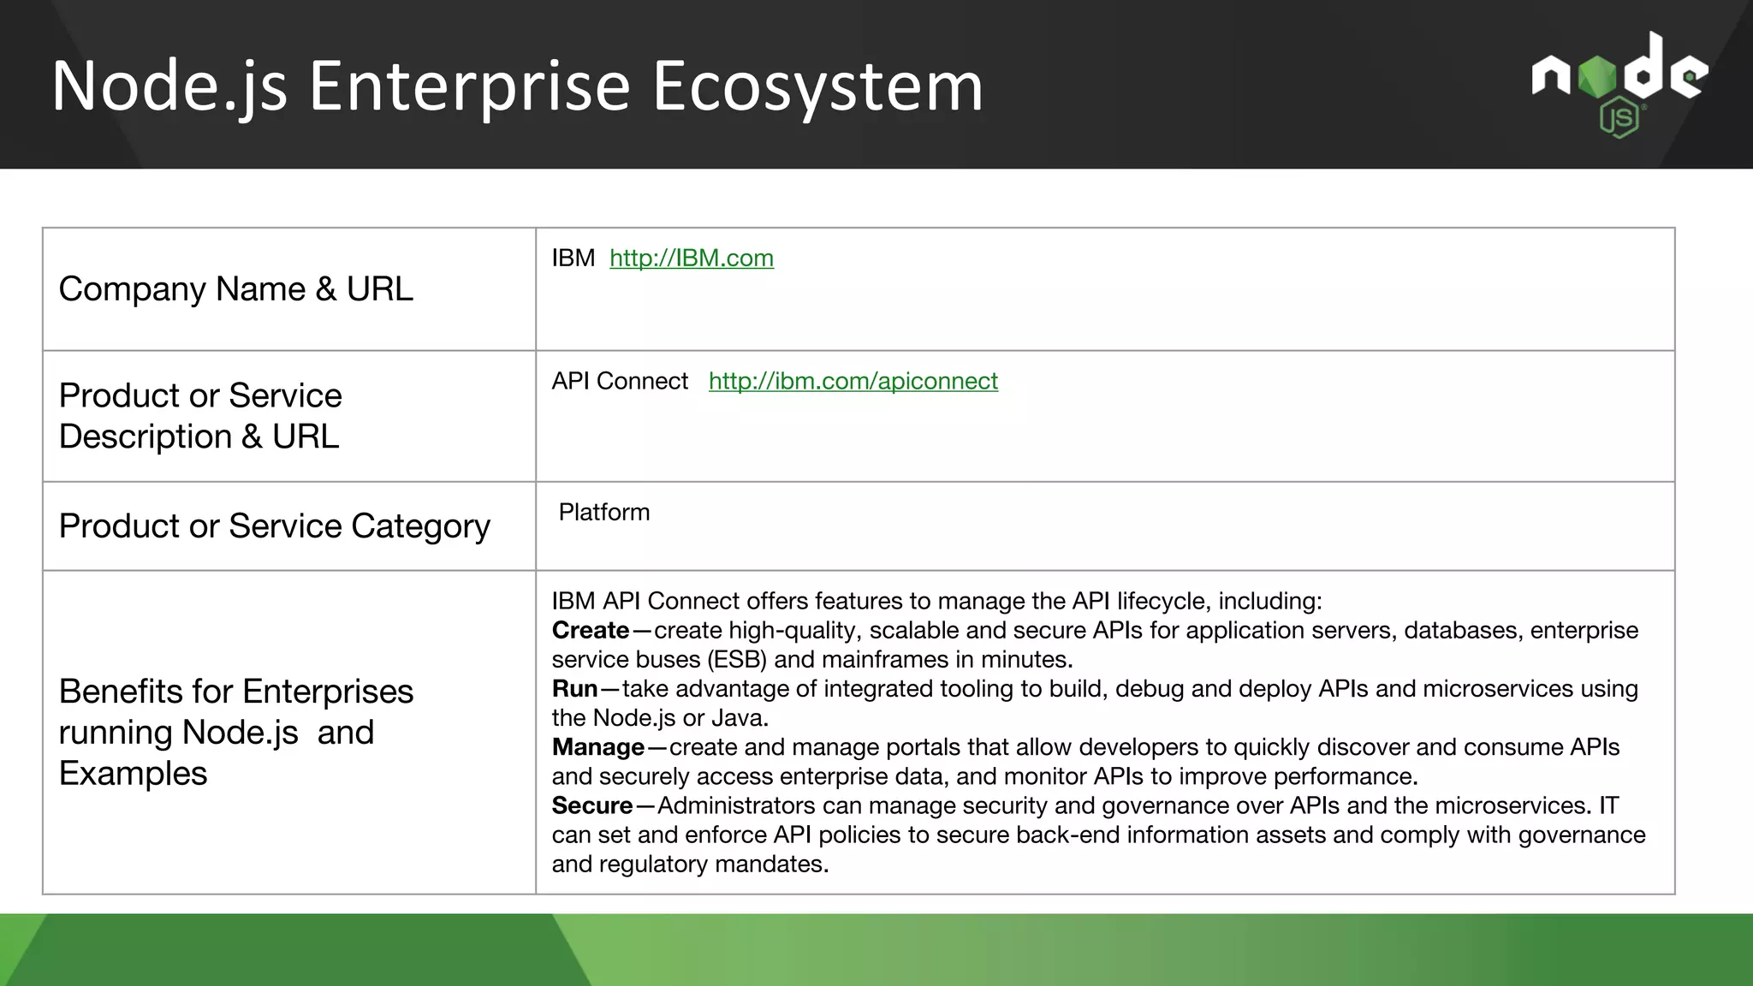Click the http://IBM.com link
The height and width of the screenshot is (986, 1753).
(x=691, y=258)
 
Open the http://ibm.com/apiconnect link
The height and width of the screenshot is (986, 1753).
(x=853, y=381)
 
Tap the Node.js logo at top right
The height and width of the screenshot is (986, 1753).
(x=1619, y=85)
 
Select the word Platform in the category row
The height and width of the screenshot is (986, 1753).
(x=603, y=512)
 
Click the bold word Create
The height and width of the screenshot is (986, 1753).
(x=590, y=630)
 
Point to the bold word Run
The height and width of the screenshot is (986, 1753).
(x=574, y=688)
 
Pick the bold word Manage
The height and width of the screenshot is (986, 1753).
(x=597, y=747)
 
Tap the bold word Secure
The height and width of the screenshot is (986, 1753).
(x=591, y=805)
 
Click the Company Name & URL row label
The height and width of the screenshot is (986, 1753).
(x=235, y=289)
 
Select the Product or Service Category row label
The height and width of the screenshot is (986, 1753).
(x=274, y=526)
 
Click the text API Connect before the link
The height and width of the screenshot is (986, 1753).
(x=619, y=381)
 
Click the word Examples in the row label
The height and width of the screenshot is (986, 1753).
(x=133, y=774)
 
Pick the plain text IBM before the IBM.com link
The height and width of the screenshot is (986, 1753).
(x=573, y=258)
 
